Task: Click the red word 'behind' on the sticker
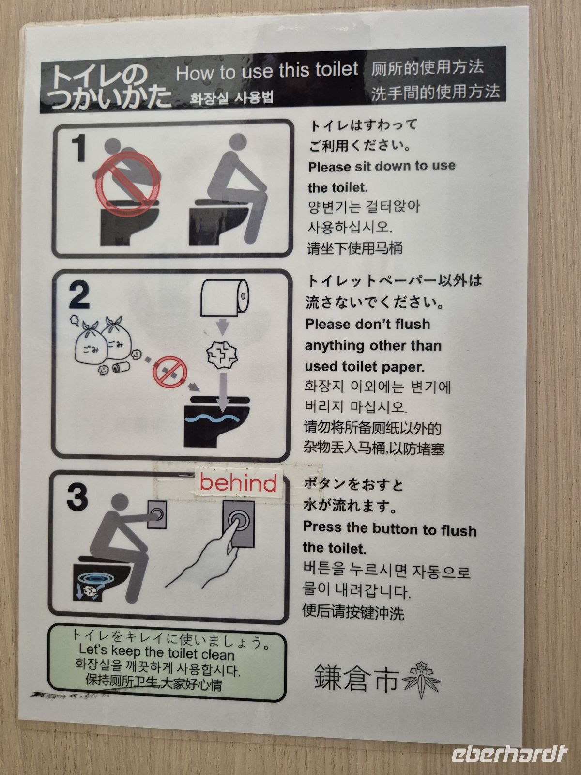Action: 238,483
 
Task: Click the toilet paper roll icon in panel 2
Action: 224,297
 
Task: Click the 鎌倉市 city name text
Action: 356,677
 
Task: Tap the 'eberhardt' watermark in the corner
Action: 509,753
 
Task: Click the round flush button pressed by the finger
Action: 239,522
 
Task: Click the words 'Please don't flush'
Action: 367,324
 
